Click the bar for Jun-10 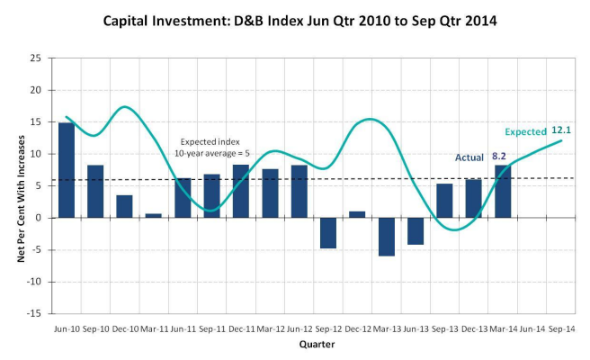(67, 170)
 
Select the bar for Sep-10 (95, 191)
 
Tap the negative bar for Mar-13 (387, 237)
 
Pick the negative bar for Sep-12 (328, 232)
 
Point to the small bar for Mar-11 (154, 215)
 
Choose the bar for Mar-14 (503, 191)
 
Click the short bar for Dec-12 (357, 214)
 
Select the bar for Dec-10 (124, 206)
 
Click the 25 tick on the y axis (35, 58)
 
